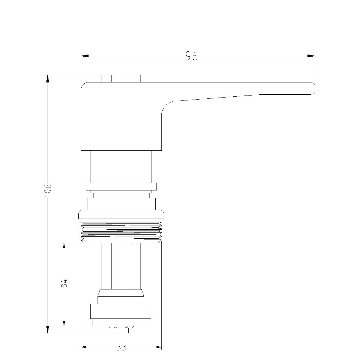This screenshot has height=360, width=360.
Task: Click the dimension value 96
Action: point(192,56)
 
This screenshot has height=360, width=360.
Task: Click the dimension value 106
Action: point(48,190)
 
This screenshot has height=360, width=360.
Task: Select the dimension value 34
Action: point(64,283)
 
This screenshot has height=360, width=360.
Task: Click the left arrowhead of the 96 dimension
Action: point(85,56)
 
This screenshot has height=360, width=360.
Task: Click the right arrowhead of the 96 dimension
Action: point(311,56)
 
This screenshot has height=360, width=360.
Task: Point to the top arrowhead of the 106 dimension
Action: point(48,79)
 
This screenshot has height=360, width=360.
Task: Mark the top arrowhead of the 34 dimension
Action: point(64,246)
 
